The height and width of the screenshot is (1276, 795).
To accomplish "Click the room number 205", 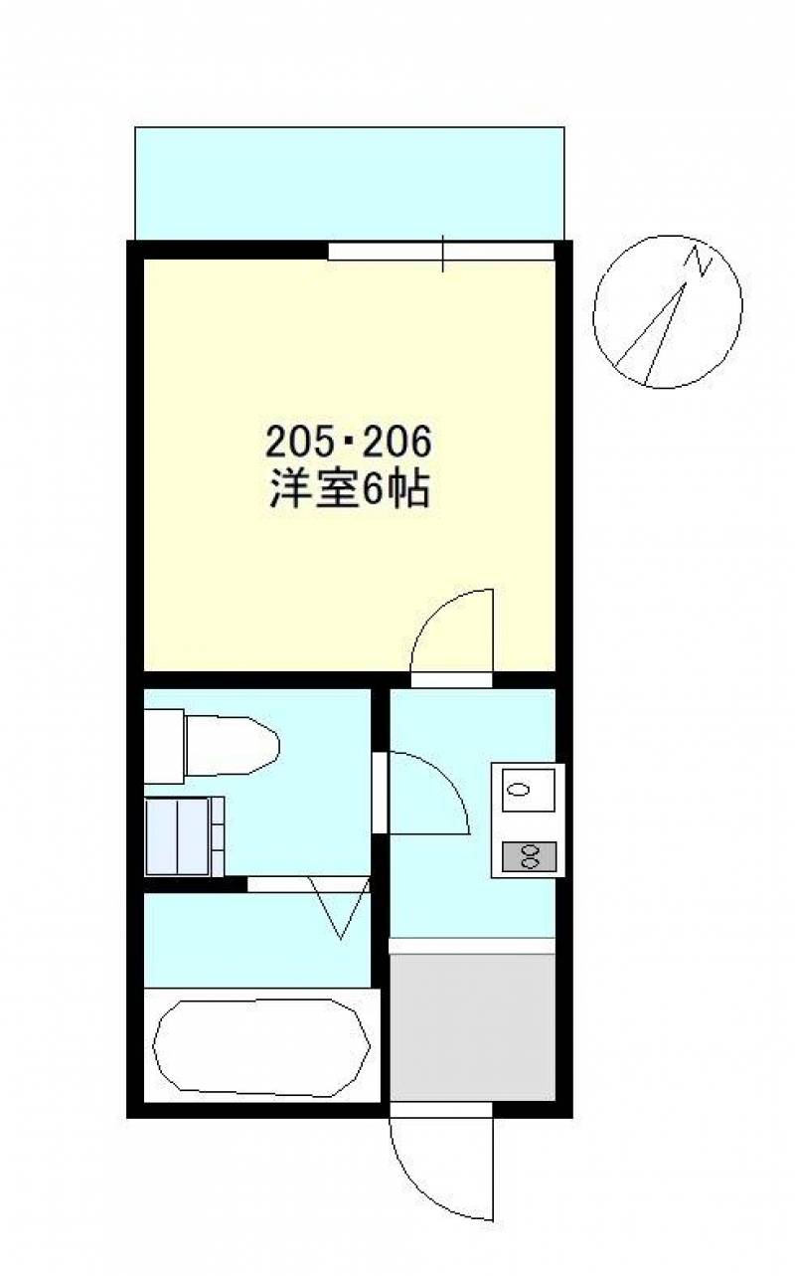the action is pos(299,443).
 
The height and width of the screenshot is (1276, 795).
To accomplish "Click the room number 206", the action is pos(397,443).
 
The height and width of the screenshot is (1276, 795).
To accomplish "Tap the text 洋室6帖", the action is pos(349,488).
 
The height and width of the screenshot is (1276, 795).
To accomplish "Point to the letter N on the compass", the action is pos(699,262).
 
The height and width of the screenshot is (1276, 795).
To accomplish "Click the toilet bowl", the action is pos(233,745).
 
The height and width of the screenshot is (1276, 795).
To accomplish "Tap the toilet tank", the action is pos(164,746).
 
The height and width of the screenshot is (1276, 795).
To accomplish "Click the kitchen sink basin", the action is pos(528,790).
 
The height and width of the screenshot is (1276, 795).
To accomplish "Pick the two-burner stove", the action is pos(529,855).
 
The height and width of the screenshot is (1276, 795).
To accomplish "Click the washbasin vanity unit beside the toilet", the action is pos(185,836).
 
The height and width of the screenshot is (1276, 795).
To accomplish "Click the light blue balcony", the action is pos(350,183).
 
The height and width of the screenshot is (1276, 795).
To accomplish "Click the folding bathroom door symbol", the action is pos(340,907).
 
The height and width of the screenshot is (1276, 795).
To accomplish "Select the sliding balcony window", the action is pos(441,252).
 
